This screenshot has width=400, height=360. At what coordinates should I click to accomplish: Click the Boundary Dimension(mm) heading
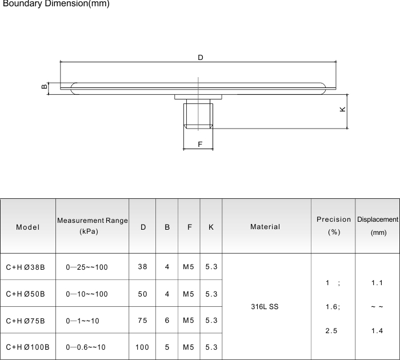click(56, 5)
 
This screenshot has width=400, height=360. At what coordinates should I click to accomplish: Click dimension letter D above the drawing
click(201, 58)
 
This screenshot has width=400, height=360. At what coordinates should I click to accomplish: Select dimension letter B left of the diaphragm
click(44, 87)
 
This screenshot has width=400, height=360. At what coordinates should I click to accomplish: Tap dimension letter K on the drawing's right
click(342, 109)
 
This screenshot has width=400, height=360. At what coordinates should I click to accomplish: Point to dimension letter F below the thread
click(200, 145)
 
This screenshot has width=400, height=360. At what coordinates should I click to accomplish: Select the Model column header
click(28, 227)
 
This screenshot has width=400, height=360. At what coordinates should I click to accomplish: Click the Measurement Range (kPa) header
click(92, 226)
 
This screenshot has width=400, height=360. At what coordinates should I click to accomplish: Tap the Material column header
click(265, 227)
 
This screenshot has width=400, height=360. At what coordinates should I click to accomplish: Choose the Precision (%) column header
click(334, 226)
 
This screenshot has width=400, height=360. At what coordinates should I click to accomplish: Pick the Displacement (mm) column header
click(378, 226)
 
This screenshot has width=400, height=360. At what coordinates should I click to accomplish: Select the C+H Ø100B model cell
click(27, 347)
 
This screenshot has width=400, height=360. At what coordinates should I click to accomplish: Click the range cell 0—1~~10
click(83, 321)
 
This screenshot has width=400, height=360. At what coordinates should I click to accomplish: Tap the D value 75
click(142, 321)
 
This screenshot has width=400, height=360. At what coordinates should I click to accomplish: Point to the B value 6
click(167, 321)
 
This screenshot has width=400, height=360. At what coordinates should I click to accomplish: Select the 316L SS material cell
click(265, 307)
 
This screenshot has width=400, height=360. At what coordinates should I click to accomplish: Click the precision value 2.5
click(331, 331)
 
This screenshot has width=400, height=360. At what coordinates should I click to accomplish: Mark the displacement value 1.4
click(377, 331)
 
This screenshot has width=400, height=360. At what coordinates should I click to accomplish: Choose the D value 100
click(142, 347)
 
